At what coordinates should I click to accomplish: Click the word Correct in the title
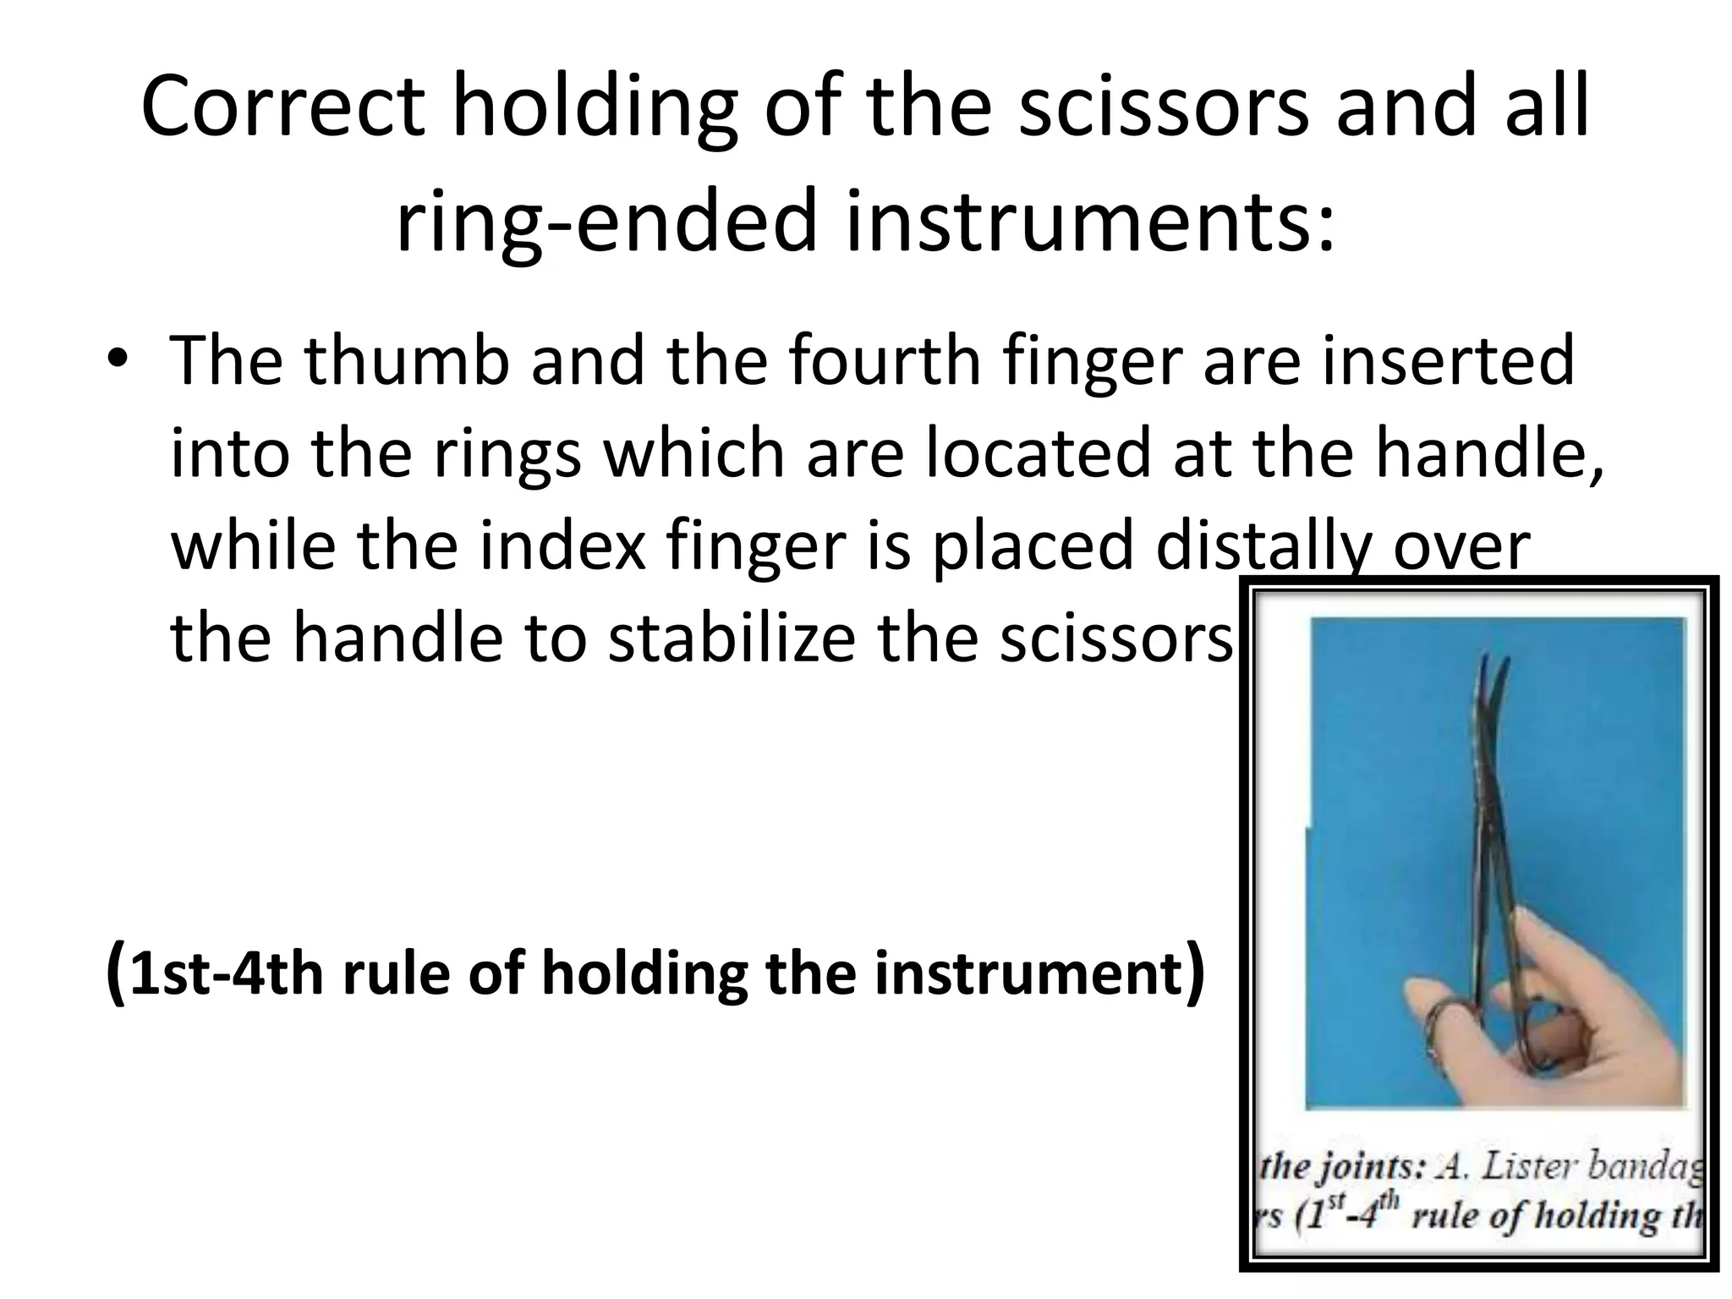coord(282,107)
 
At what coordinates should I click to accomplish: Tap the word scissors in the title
coord(1163,107)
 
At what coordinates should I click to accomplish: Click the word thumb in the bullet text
coord(407,360)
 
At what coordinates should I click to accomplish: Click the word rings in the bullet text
coord(507,453)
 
